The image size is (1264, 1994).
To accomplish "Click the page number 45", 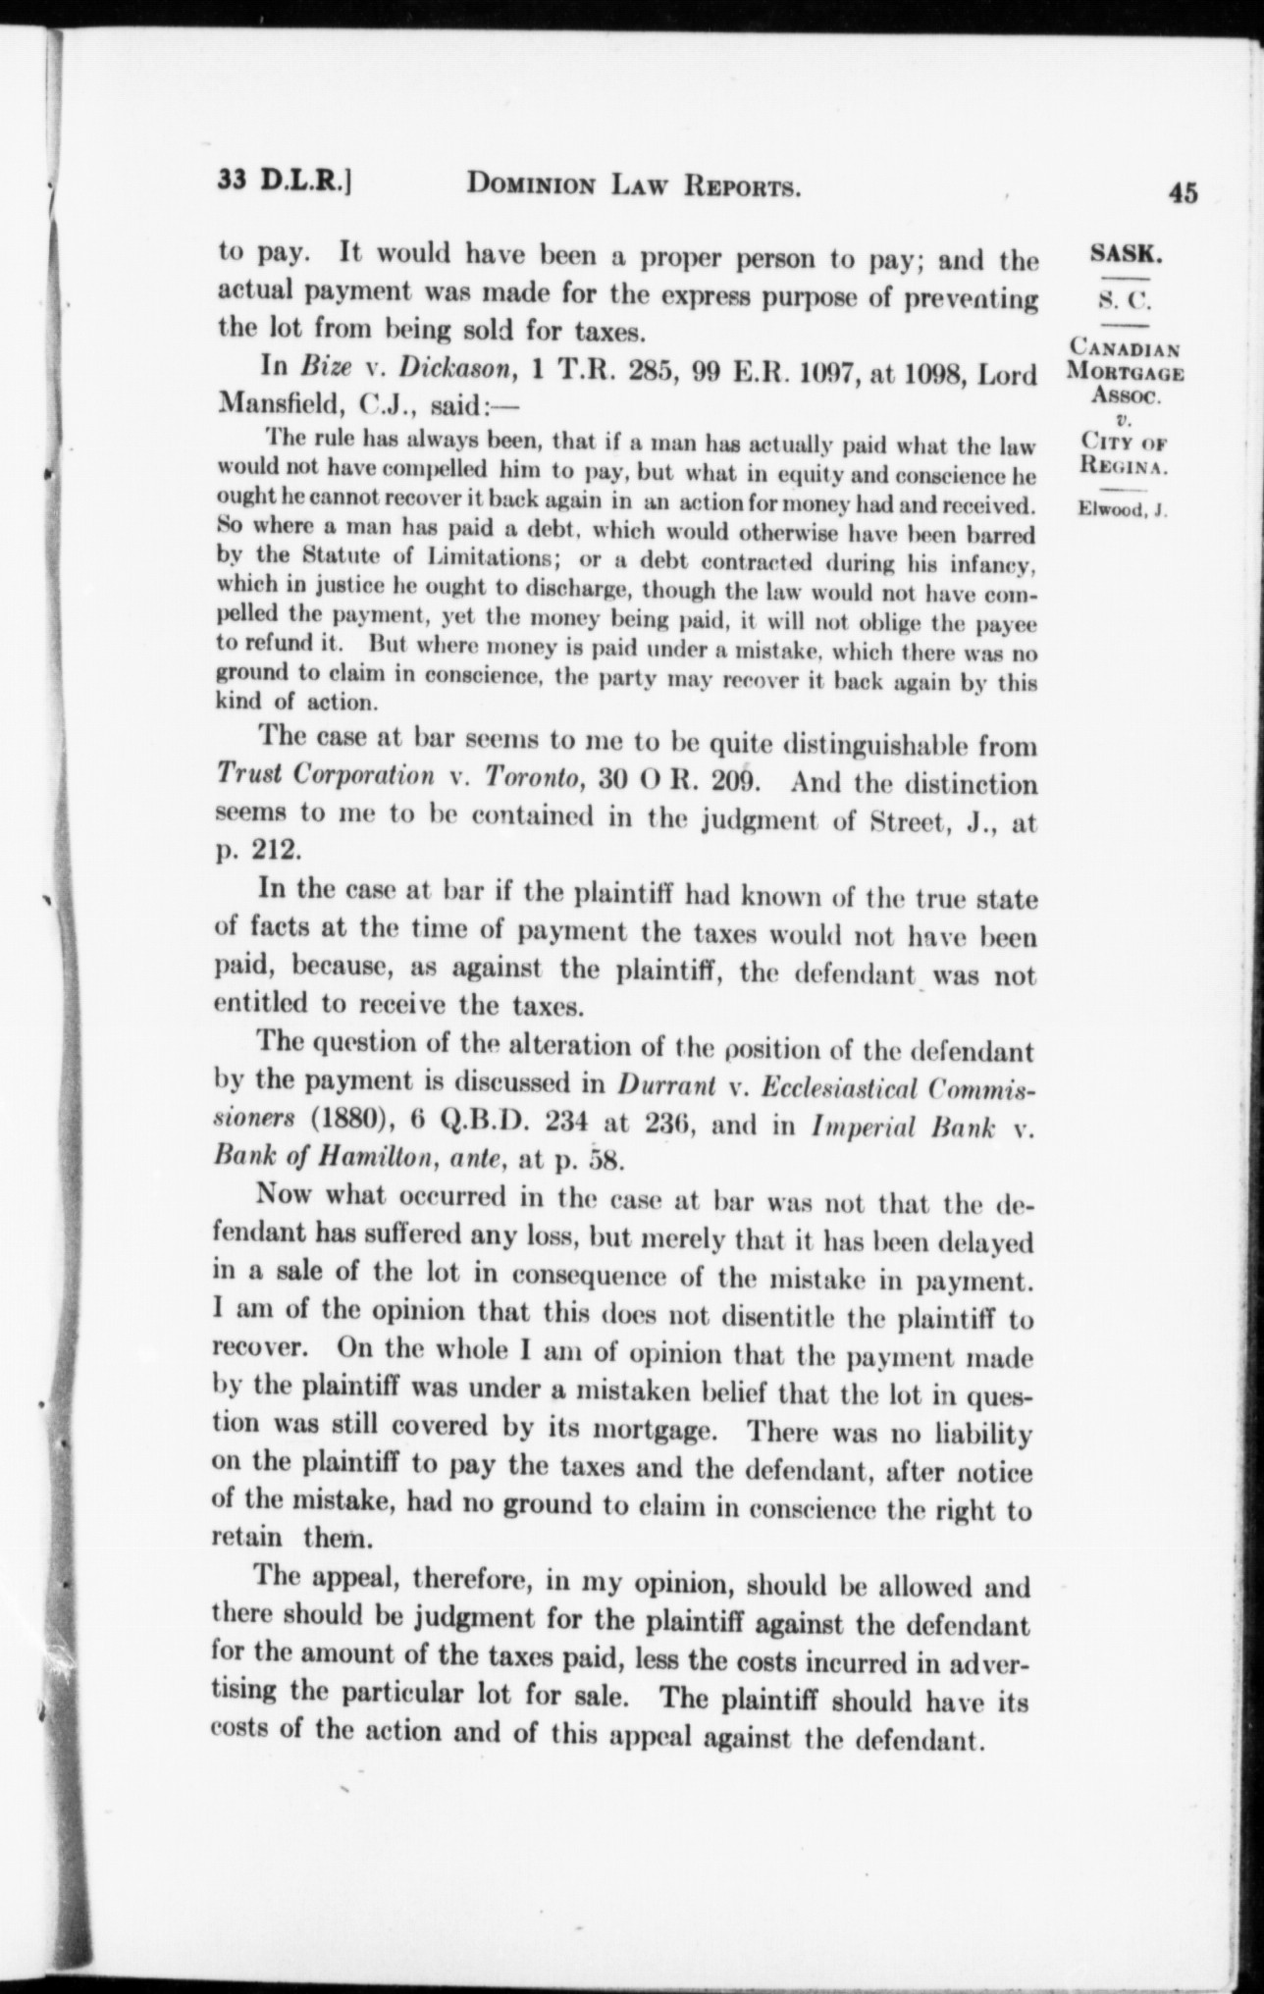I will (x=1183, y=193).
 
